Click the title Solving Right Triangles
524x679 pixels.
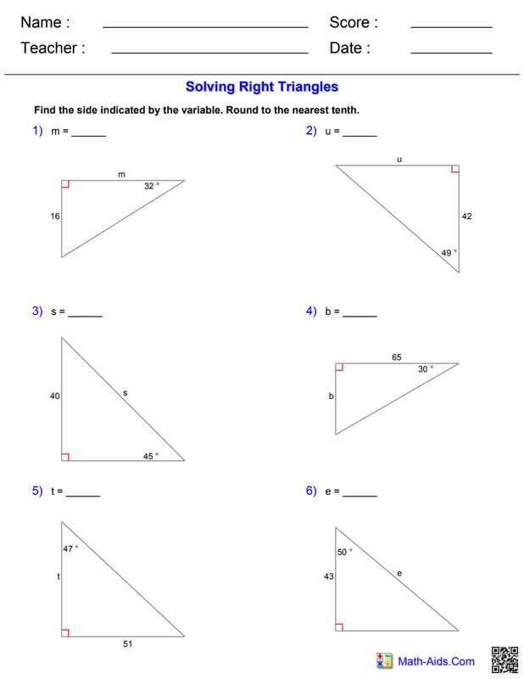pyautogui.click(x=262, y=87)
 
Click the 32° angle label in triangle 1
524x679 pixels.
pyautogui.click(x=151, y=186)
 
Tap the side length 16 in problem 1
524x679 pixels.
pyautogui.click(x=55, y=216)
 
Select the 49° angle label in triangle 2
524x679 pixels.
pyautogui.click(x=449, y=253)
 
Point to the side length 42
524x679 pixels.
pyautogui.click(x=466, y=216)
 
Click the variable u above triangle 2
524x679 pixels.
pyautogui.click(x=399, y=159)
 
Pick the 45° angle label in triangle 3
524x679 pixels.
pyautogui.click(x=150, y=456)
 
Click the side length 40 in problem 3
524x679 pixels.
pyautogui.click(x=55, y=396)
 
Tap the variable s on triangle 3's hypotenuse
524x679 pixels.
pyautogui.click(x=125, y=393)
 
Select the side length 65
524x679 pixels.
pyautogui.click(x=397, y=357)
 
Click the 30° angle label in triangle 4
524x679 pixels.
pyautogui.click(x=425, y=369)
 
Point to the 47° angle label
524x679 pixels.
pyautogui.click(x=70, y=548)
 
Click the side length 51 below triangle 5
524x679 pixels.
pyautogui.click(x=127, y=644)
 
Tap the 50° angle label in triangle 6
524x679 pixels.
pyautogui.click(x=344, y=552)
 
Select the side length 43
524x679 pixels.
pyautogui.click(x=328, y=576)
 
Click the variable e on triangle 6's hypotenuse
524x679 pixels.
pyautogui.click(x=399, y=574)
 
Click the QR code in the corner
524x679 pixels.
pyautogui.click(x=504, y=660)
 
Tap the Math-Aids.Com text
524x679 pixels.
pyautogui.click(x=437, y=661)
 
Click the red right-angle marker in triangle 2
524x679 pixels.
pyautogui.click(x=455, y=169)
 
